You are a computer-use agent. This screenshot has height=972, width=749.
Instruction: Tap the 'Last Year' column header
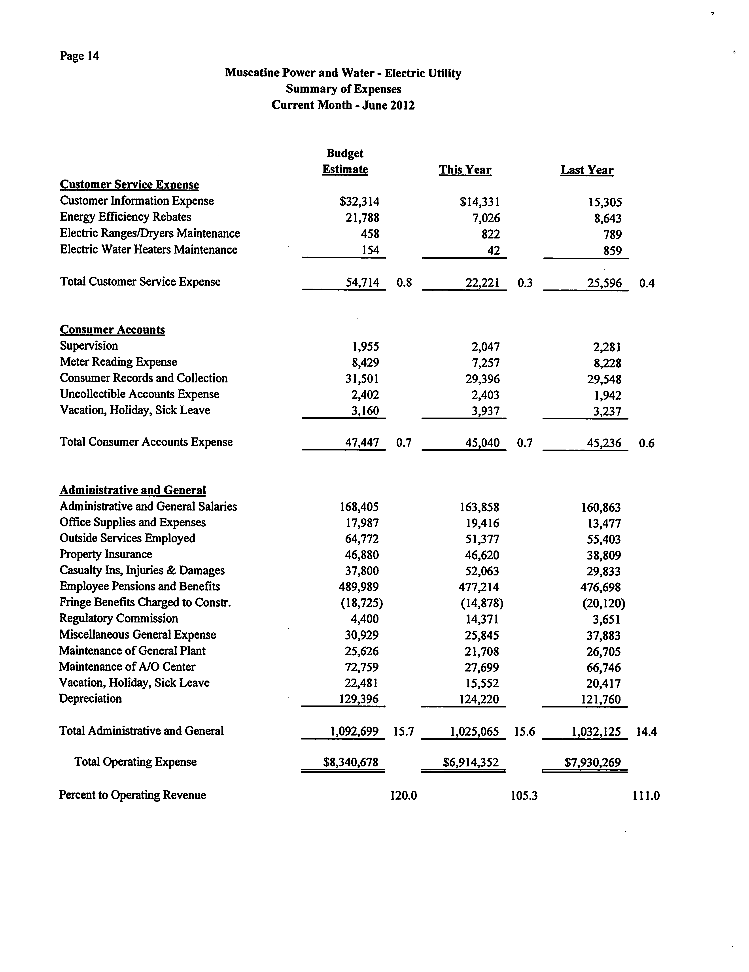[586, 170]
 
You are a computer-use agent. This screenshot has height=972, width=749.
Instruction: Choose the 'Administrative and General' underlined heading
[133, 490]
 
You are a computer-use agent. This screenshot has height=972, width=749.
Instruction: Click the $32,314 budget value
[359, 202]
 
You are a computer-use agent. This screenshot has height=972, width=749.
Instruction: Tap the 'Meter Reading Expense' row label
[118, 362]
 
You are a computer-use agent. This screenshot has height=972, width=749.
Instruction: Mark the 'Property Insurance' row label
[106, 554]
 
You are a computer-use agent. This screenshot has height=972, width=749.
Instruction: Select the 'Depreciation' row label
[90, 698]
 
